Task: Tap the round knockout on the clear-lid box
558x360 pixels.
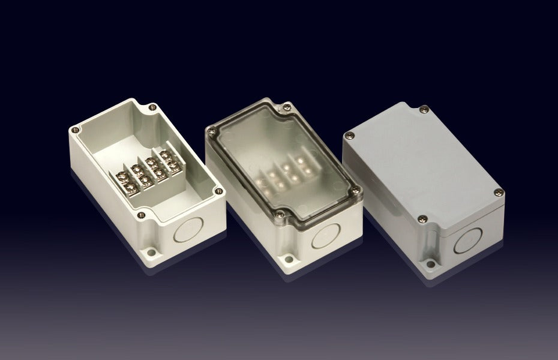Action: click(x=325, y=239)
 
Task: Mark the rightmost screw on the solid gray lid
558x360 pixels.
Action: click(x=498, y=192)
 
